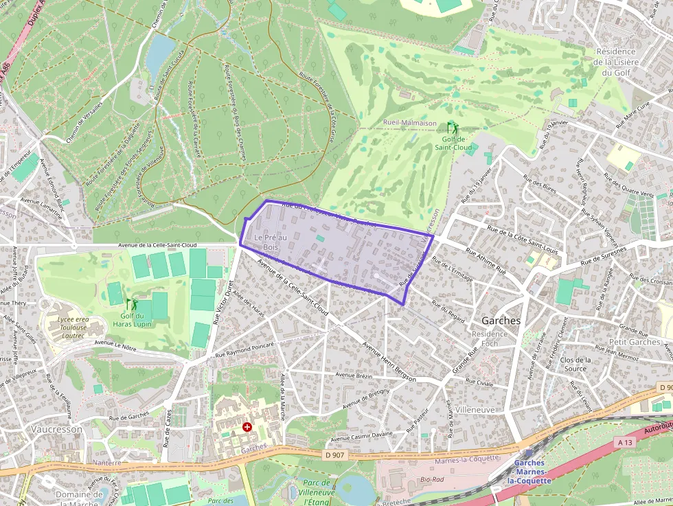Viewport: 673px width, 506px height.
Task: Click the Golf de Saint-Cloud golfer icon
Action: (452, 128)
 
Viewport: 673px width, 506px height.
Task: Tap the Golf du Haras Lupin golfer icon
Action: (131, 303)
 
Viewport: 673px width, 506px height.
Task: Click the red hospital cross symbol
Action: (247, 427)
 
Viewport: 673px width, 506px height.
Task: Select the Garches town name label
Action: (501, 321)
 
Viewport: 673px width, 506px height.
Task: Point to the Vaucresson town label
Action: (56, 429)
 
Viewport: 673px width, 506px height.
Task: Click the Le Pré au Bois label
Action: (271, 242)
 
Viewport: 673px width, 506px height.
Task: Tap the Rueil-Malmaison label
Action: (409, 123)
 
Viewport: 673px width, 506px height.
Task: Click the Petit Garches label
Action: (635, 342)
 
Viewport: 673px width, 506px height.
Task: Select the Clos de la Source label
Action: (575, 364)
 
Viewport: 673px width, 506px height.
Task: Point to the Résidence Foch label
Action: (489, 338)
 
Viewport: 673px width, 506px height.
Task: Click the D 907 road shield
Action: (336, 455)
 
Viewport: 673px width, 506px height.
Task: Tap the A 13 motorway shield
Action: (625, 443)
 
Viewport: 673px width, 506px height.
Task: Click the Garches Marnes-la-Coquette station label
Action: (529, 472)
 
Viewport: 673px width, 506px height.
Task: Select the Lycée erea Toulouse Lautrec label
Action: (72, 327)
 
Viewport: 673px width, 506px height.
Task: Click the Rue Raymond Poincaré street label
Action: (244, 349)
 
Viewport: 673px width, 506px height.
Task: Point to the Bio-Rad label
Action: (431, 479)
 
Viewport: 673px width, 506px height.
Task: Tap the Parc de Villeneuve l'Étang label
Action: (316, 492)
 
